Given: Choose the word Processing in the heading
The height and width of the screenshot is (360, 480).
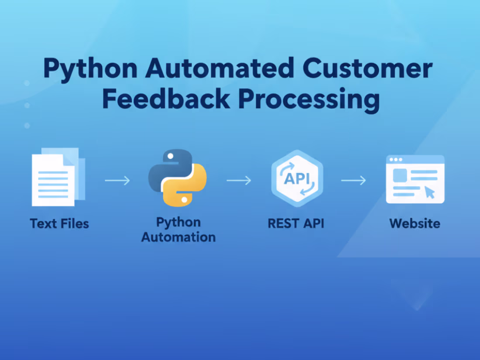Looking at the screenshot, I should [x=309, y=99].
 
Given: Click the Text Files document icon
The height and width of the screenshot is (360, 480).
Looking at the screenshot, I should [x=57, y=178].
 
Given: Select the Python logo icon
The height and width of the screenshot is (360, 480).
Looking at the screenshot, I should [x=178, y=178].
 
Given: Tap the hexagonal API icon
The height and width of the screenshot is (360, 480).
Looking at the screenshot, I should [x=297, y=178].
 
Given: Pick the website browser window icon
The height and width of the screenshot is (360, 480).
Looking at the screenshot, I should [x=415, y=179].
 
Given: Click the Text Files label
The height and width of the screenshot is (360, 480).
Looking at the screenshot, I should [x=59, y=224].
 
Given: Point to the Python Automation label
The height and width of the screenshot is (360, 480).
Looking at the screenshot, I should [x=178, y=230].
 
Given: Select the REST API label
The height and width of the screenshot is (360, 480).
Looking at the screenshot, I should [x=296, y=223].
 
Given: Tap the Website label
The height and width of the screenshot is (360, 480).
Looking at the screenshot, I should [x=415, y=223].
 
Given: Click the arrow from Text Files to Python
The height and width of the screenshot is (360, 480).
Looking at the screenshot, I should [x=117, y=180].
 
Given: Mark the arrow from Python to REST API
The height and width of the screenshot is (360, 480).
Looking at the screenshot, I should [x=239, y=180].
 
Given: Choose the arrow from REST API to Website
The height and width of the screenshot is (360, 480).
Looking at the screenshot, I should [x=353, y=180].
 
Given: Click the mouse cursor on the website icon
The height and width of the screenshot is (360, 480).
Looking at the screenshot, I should [x=430, y=192].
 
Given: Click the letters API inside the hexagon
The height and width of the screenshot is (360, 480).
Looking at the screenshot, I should [x=297, y=178].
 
